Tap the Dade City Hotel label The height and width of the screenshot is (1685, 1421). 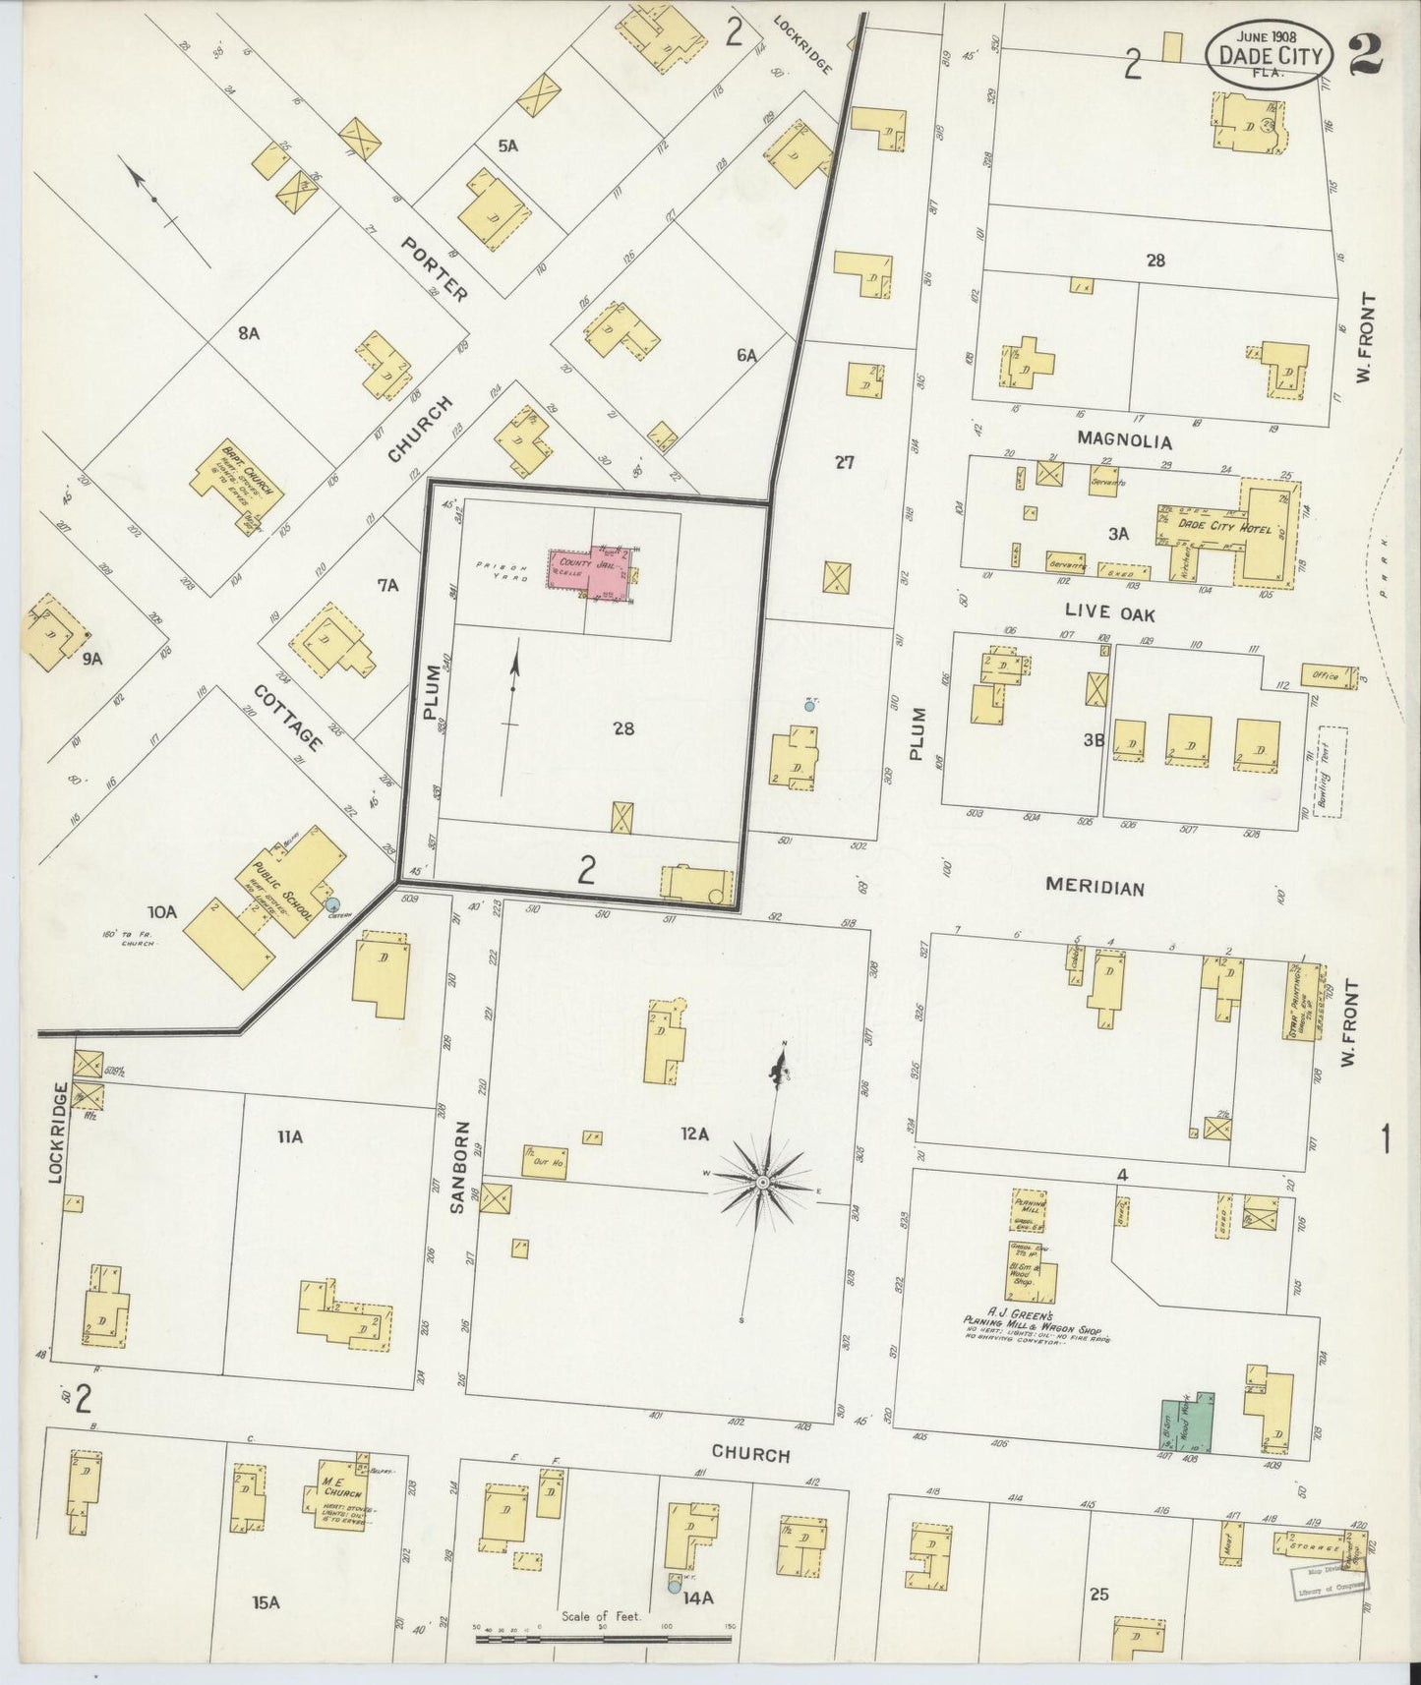1209,524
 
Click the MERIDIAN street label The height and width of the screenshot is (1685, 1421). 1095,888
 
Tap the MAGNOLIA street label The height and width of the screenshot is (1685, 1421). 1125,438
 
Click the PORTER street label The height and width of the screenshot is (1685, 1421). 433,268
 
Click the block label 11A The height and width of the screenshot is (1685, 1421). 288,1137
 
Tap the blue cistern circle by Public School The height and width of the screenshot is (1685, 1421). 332,903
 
